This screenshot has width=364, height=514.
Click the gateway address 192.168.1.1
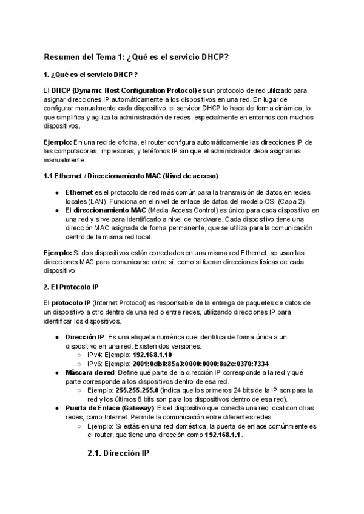pyautogui.click(x=223, y=435)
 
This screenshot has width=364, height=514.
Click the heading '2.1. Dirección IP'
pyautogui.click(x=119, y=453)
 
